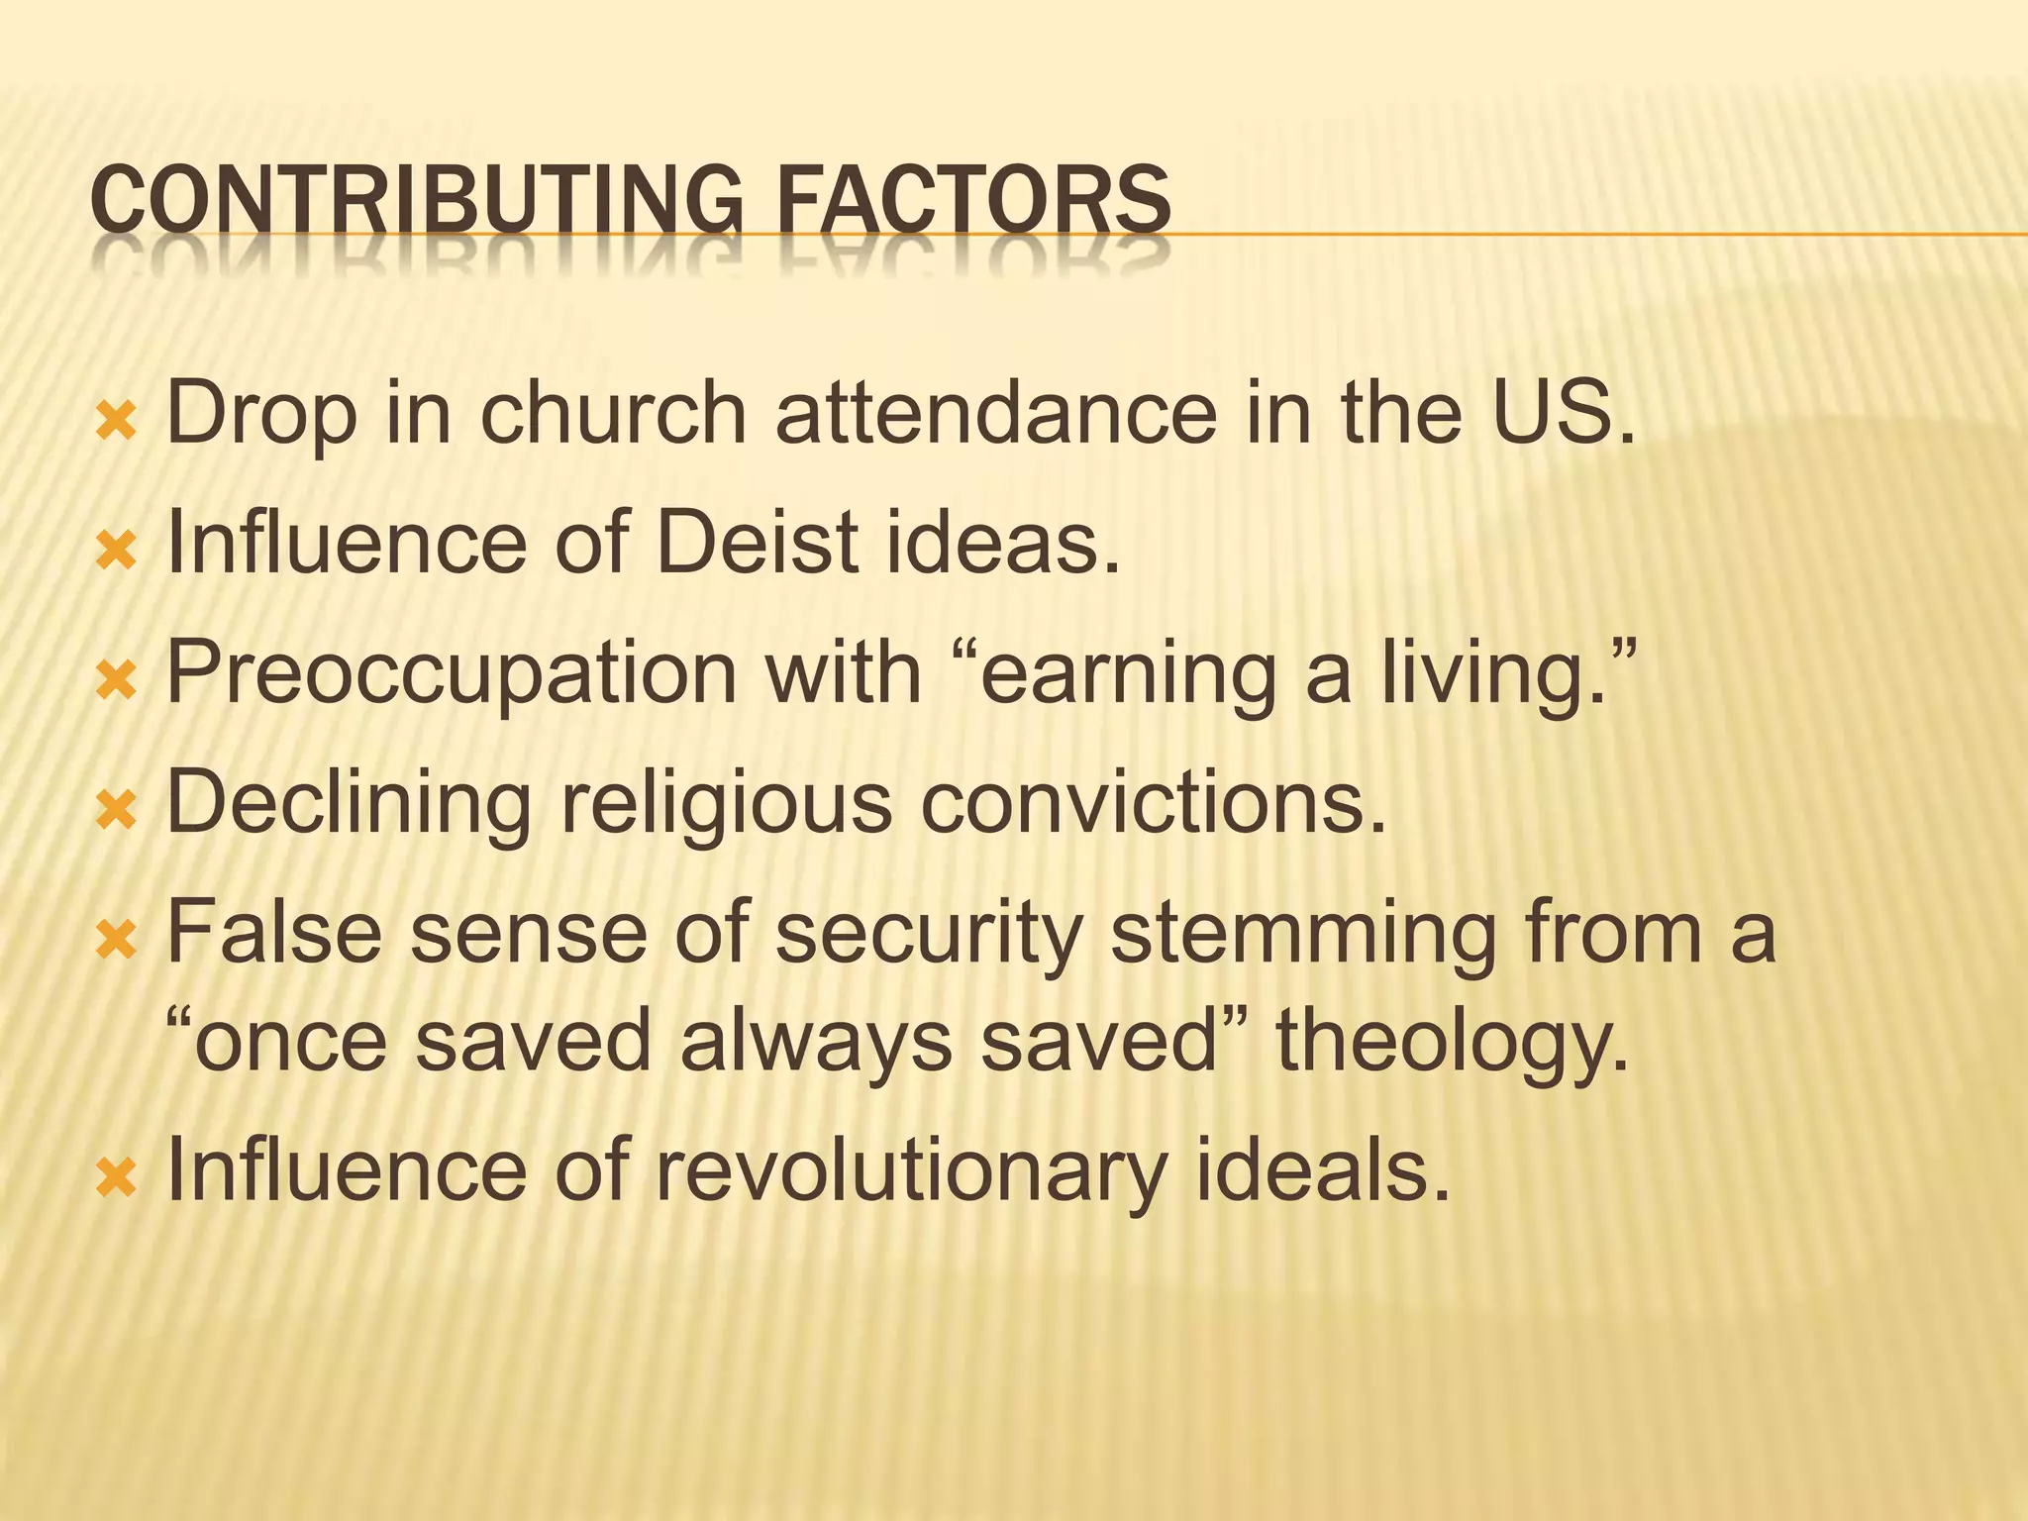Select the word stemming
tap(1302, 936)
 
